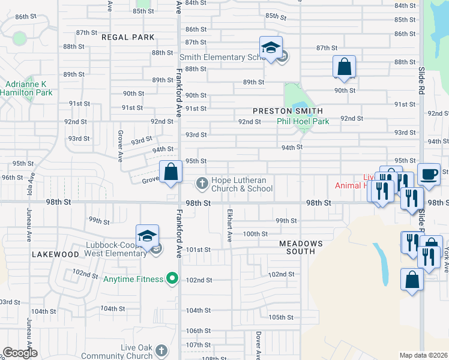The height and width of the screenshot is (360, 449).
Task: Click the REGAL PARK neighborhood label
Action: (x=128, y=37)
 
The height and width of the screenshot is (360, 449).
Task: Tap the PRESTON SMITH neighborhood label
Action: (x=288, y=111)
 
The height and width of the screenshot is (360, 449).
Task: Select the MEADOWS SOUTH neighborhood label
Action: (x=301, y=247)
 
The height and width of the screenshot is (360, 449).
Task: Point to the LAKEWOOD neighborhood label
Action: (x=56, y=254)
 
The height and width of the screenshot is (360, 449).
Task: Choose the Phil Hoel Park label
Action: (x=303, y=121)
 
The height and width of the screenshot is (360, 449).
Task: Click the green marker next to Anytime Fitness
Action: (x=172, y=278)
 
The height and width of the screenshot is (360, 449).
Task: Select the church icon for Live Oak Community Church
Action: (x=161, y=350)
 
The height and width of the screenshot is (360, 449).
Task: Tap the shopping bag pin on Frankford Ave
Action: (x=171, y=172)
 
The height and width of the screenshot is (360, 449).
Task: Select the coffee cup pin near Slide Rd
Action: (x=428, y=175)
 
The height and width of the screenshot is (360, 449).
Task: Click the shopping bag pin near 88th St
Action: (x=345, y=67)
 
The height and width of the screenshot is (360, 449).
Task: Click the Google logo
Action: (x=20, y=353)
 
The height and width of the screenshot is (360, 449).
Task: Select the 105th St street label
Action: (x=281, y=317)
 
